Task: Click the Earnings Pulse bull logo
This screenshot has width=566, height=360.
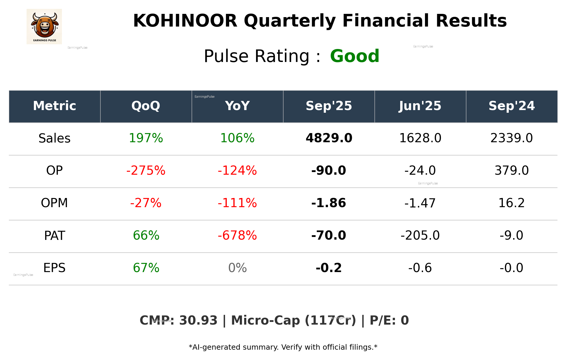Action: click(44, 27)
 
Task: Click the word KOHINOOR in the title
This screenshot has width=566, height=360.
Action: click(185, 21)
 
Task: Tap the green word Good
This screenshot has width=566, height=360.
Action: click(355, 56)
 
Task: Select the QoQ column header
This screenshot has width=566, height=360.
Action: click(146, 106)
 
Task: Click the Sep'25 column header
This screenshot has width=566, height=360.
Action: click(329, 106)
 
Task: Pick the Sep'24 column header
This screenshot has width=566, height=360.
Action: click(511, 106)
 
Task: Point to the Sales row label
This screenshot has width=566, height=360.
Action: click(55, 138)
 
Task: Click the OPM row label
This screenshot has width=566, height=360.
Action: click(54, 203)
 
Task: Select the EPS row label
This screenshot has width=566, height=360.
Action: click(54, 268)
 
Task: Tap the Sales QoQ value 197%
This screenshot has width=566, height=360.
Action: click(146, 138)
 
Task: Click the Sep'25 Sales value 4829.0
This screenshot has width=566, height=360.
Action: click(329, 138)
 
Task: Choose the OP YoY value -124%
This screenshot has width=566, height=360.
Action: click(237, 171)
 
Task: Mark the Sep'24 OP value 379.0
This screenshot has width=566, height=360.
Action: click(511, 171)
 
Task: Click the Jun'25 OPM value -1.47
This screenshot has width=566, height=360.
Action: click(420, 203)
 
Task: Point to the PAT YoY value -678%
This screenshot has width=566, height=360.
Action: click(237, 236)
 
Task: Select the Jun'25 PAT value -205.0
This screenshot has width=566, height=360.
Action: click(420, 236)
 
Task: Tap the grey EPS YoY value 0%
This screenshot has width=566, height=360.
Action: click(237, 268)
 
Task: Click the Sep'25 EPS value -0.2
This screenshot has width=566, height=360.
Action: click(329, 268)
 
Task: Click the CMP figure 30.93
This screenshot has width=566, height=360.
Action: click(198, 321)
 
